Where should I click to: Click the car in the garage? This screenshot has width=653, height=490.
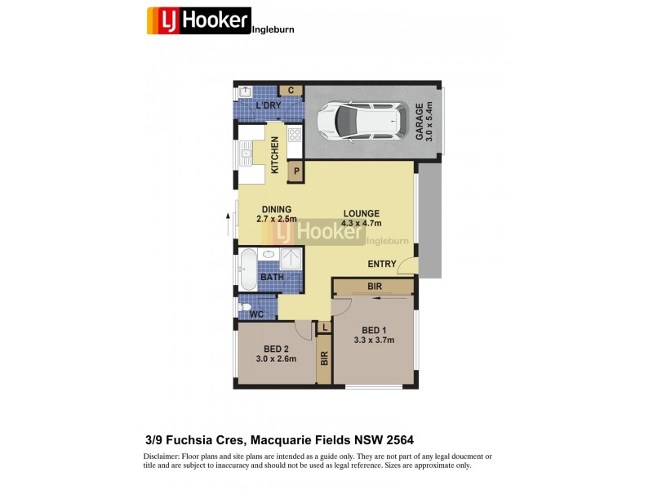point(362,120)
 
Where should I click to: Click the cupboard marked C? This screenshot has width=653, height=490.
point(290,91)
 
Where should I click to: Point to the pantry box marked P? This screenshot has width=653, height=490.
point(295,171)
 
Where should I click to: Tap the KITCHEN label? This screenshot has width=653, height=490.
point(275,154)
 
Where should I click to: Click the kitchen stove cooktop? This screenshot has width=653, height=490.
point(295,135)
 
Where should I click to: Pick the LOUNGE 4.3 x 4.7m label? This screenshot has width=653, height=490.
point(361,218)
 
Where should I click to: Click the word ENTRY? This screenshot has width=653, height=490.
point(381,264)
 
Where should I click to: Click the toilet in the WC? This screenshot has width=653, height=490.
point(244,307)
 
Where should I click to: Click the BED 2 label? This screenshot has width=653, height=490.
point(275,353)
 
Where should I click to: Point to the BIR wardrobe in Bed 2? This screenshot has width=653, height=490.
point(324,358)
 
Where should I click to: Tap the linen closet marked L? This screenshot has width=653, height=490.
point(324,327)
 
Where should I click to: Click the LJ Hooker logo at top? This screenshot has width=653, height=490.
point(198,20)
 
